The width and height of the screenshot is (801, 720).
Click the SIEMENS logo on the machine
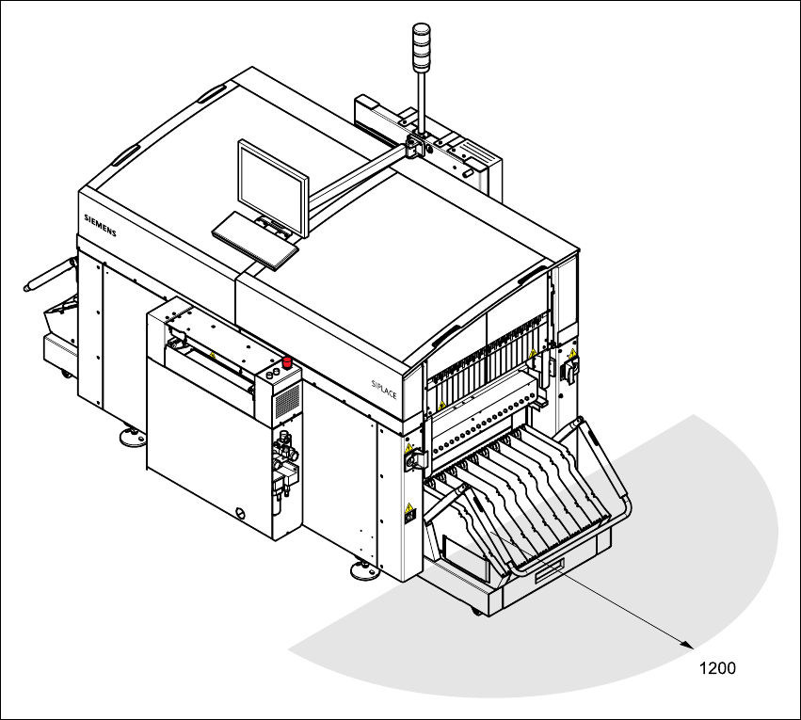point(100,225)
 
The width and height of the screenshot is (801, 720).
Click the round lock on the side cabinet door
point(243,513)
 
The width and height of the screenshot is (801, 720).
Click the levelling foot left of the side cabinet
point(130,435)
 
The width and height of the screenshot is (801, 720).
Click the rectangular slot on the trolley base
point(550,570)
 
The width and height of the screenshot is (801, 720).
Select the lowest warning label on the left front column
point(409,513)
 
